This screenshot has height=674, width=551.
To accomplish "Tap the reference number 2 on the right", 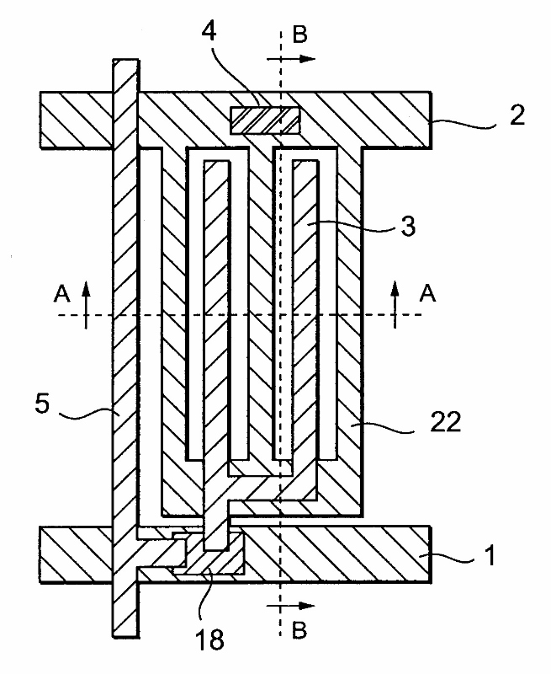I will (x=516, y=115).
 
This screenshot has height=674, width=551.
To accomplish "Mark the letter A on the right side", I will (x=428, y=293).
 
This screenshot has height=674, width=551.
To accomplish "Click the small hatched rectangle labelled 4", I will (x=265, y=119).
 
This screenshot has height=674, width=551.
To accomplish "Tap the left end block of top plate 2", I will (x=76, y=119).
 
